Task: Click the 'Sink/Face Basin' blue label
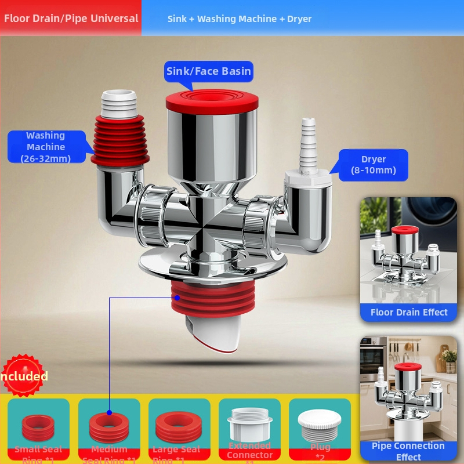[209, 71]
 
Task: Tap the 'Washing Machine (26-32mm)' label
[45, 147]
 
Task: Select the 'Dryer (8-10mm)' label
[374, 165]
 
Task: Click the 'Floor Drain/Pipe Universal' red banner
[71, 18]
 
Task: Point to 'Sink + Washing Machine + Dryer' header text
[240, 19]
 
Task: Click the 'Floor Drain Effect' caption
[409, 312]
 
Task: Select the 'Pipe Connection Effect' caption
[408, 451]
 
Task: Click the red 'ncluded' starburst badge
[24, 376]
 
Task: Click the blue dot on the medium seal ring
[109, 413]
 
